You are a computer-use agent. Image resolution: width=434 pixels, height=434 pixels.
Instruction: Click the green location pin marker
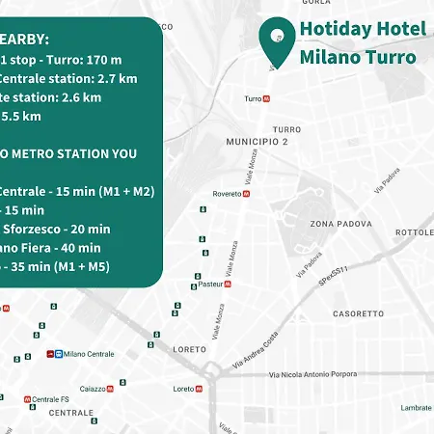click(x=277, y=40)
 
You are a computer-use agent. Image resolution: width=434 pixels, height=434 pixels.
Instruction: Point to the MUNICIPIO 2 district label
click(x=258, y=142)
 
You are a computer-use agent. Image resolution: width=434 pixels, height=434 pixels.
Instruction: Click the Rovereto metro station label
click(x=226, y=193)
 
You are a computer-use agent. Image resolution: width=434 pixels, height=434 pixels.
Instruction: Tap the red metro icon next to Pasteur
click(x=230, y=284)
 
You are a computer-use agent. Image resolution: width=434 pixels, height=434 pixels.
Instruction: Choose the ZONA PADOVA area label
click(x=336, y=224)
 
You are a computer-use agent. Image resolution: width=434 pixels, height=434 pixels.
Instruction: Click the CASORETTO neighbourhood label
click(x=358, y=313)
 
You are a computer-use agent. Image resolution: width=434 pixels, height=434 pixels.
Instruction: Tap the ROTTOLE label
click(x=415, y=232)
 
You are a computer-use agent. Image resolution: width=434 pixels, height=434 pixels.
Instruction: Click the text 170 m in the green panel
click(x=103, y=60)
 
